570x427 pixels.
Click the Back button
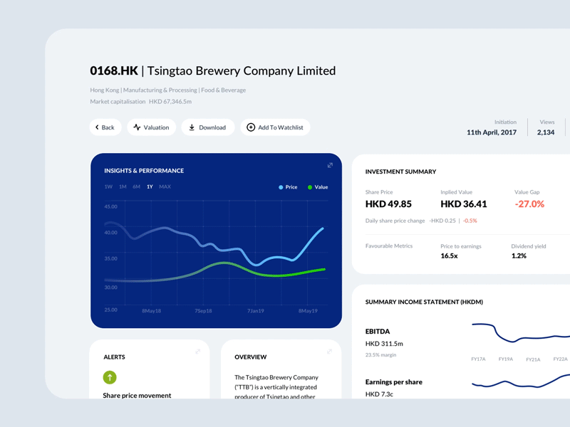(x=105, y=127)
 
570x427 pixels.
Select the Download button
(x=207, y=127)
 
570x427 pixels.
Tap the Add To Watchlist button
(x=275, y=127)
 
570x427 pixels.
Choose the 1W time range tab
(x=108, y=186)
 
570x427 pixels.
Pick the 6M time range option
(x=136, y=186)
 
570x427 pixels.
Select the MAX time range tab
(x=165, y=186)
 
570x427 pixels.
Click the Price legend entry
(x=289, y=187)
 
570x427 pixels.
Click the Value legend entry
(x=318, y=187)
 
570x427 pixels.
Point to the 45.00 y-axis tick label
(x=110, y=207)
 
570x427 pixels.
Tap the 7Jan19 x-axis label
(x=256, y=311)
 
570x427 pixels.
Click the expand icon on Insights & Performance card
(x=330, y=165)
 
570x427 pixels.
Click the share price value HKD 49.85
(x=388, y=204)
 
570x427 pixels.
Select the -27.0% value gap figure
(x=529, y=204)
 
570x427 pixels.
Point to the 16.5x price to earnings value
(x=449, y=255)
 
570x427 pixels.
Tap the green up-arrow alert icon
(x=110, y=378)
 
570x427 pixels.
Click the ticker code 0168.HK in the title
(x=114, y=70)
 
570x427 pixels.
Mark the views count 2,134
(x=545, y=132)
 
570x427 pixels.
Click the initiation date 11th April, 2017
(x=492, y=132)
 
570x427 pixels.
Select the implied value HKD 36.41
(x=464, y=204)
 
